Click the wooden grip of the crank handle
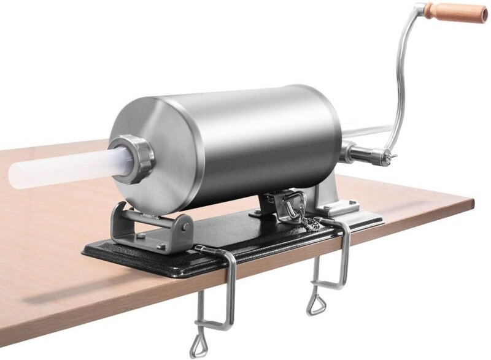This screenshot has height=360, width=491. [457, 12]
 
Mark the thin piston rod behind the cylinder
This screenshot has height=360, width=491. [368, 131]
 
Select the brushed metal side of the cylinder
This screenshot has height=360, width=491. [258, 135]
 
